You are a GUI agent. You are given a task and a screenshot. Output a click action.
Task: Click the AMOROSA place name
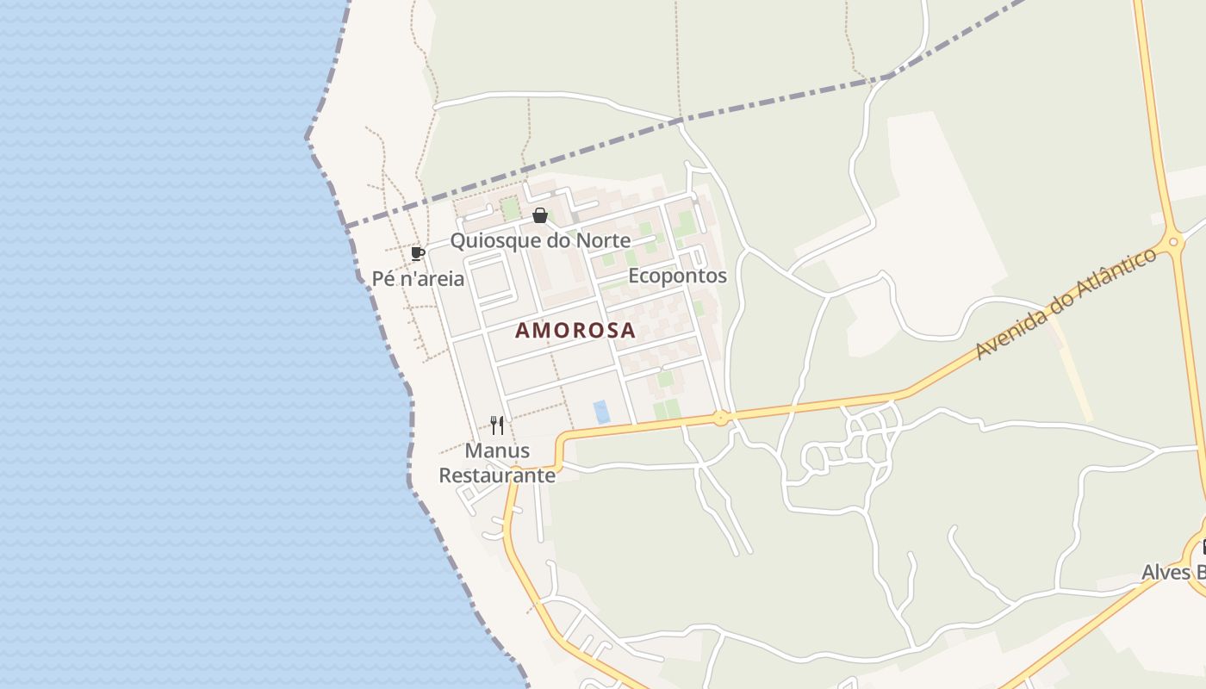coord(575,330)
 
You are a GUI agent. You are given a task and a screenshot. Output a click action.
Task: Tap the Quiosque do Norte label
coord(540,240)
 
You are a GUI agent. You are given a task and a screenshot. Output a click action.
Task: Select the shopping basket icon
coord(540,215)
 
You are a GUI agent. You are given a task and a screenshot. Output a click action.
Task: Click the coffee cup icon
coord(418,253)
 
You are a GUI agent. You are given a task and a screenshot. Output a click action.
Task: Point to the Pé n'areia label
coord(418,278)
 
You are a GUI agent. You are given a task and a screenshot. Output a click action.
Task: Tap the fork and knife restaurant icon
coord(497,425)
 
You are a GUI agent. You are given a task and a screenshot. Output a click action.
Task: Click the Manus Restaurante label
coord(497,462)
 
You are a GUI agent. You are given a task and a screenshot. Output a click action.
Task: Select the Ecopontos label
coord(677,276)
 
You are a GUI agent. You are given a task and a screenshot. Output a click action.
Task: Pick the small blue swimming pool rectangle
coord(601,412)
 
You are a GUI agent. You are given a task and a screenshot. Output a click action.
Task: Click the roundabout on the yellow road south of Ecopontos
coord(720,419)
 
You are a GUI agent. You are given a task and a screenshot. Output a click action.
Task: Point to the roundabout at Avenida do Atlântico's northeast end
coord(1172,243)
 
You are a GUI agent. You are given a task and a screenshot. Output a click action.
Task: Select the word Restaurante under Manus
coord(497,475)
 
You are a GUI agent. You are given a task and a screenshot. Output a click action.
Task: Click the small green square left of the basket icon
coord(511,208)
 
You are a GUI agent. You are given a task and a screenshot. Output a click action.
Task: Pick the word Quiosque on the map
coord(492,240)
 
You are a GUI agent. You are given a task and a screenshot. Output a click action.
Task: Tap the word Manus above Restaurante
coord(497,450)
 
